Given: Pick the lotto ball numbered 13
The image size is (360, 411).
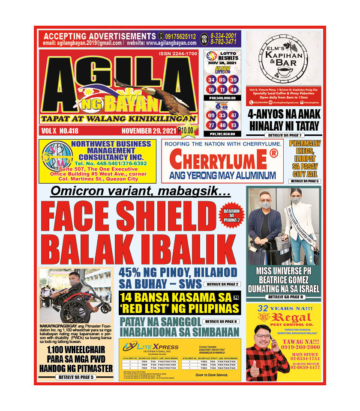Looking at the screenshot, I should [234, 125].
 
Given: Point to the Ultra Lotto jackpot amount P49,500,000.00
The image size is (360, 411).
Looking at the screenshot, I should [222, 98].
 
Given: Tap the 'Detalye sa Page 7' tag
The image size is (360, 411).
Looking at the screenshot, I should [283, 135].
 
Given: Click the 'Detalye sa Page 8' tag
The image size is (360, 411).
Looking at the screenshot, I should [283, 297].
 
